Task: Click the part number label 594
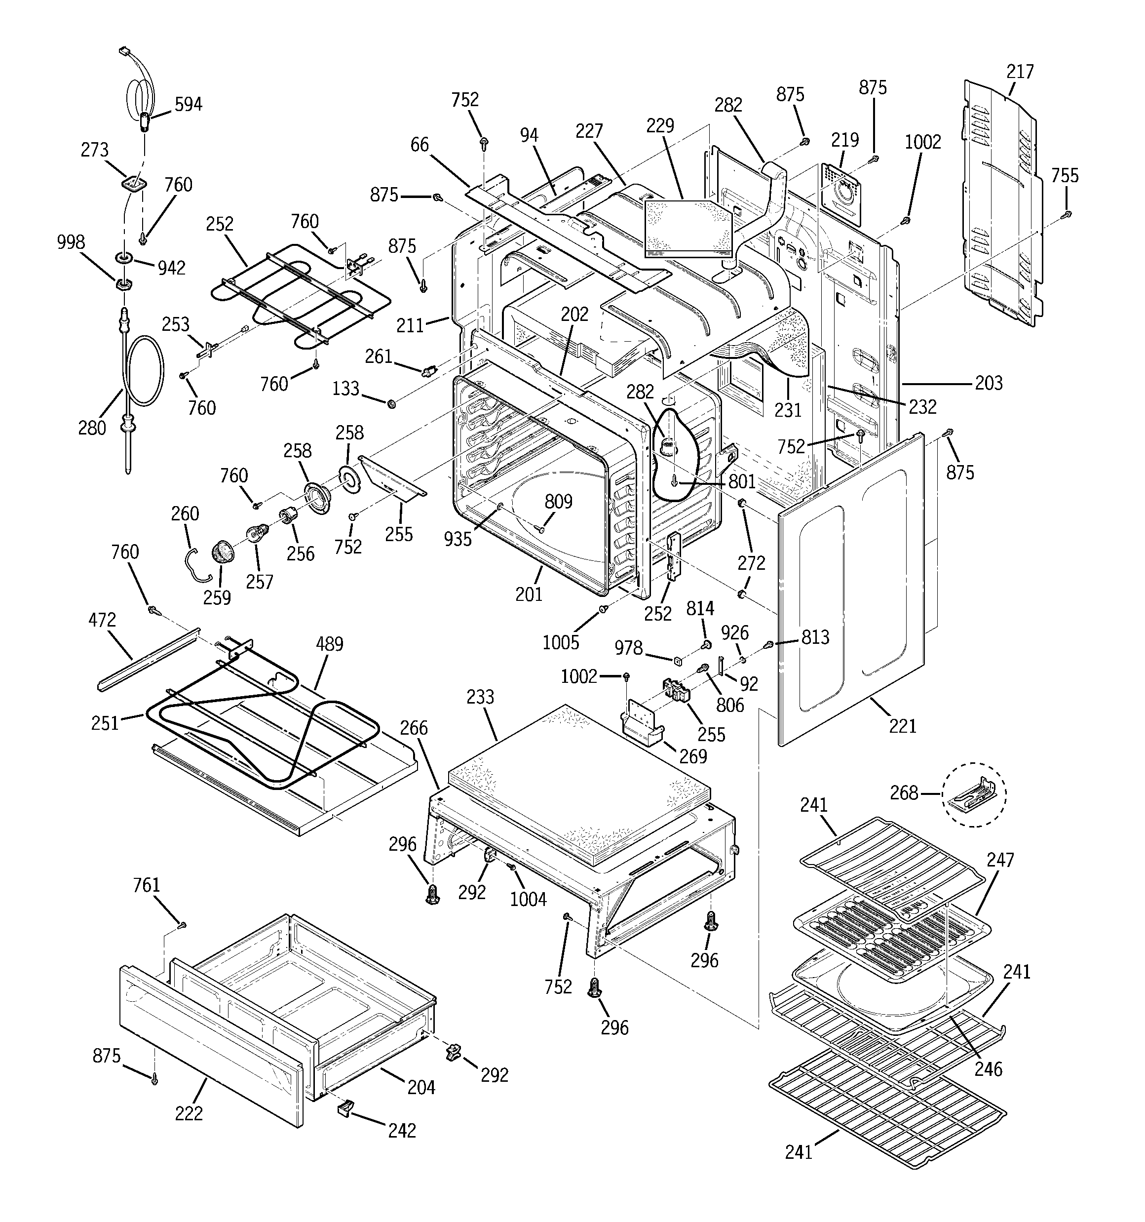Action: pyautogui.click(x=188, y=105)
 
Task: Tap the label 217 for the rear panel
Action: pyautogui.click(x=1020, y=72)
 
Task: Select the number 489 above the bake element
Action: pyautogui.click(x=329, y=644)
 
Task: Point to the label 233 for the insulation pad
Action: pyautogui.click(x=480, y=697)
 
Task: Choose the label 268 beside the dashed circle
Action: pyautogui.click(x=904, y=793)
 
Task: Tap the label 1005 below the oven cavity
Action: pyautogui.click(x=561, y=642)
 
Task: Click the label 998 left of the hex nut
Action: pyautogui.click(x=71, y=242)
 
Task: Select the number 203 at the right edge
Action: pyautogui.click(x=989, y=383)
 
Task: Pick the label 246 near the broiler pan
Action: pyautogui.click(x=988, y=1069)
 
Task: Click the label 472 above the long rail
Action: pyautogui.click(x=102, y=620)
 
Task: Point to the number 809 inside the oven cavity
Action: pyautogui.click(x=558, y=502)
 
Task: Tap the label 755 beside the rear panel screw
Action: pyautogui.click(x=1065, y=176)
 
